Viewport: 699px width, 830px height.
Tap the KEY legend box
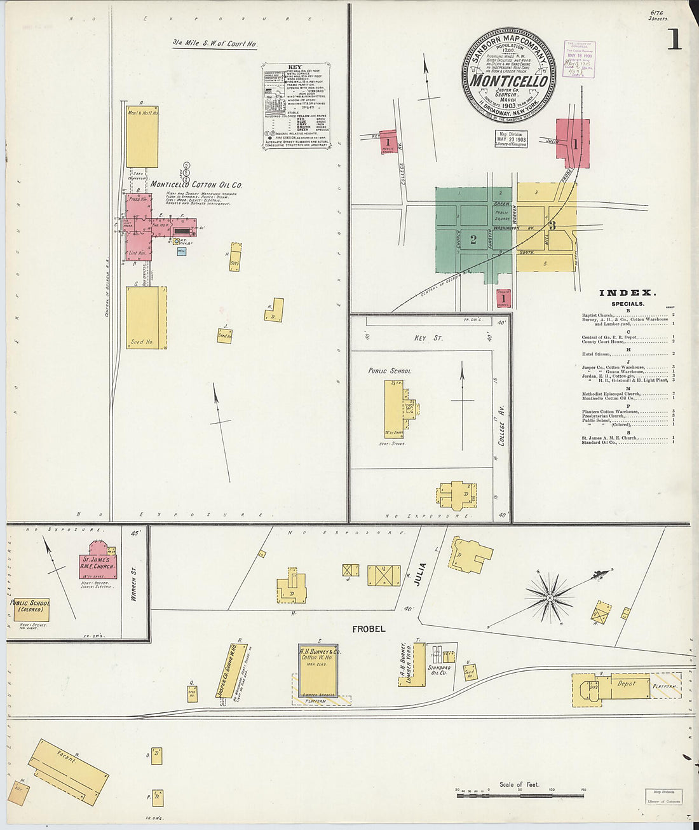pos(299,106)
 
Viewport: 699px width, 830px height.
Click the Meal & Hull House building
pos(142,136)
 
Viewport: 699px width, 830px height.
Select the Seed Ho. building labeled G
pos(146,318)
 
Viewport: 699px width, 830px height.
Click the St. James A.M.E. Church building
pos(98,562)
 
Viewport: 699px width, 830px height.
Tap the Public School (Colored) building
pos(31,608)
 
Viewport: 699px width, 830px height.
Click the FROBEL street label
pos(369,629)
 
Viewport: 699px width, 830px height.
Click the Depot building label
pos(626,684)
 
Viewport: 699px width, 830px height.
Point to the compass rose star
pos(549,597)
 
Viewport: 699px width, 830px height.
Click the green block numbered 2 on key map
pos(473,240)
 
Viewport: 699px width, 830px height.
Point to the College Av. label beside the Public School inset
pos(501,431)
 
